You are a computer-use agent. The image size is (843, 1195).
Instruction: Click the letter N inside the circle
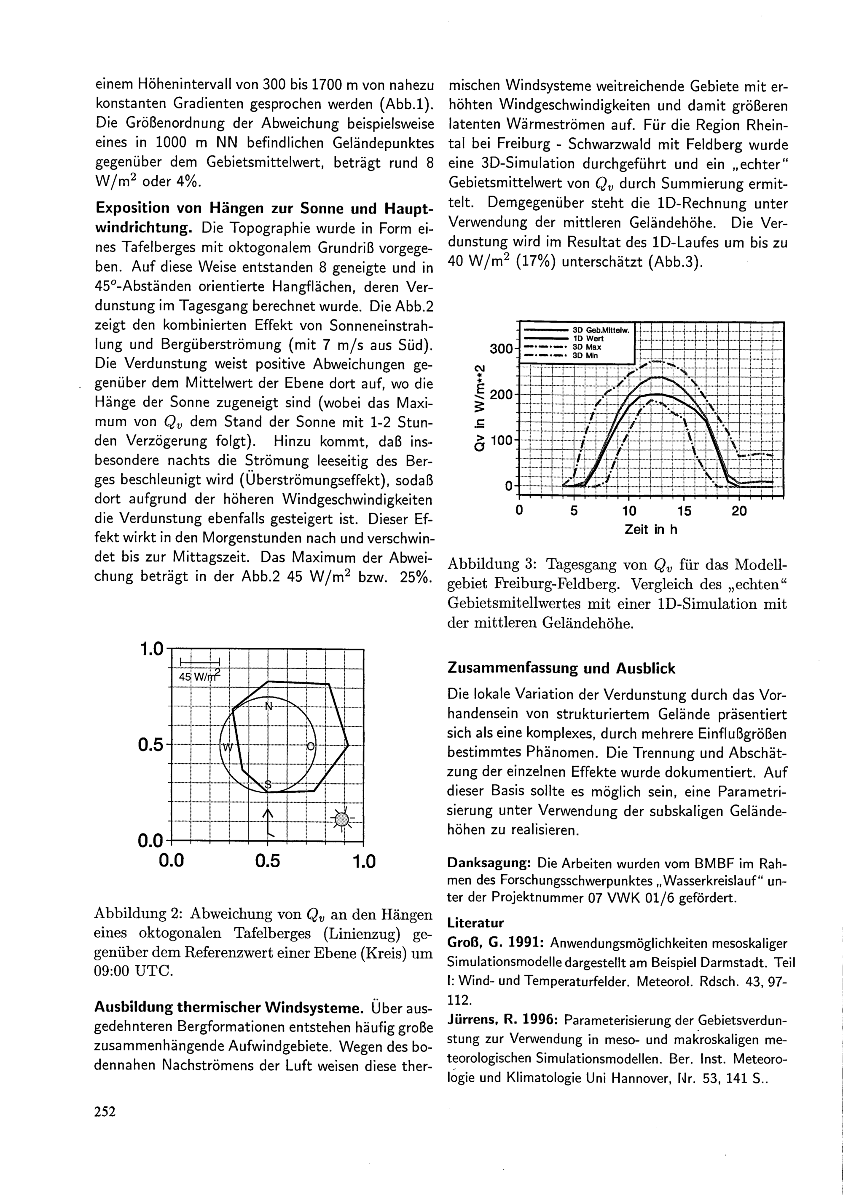pyautogui.click(x=268, y=706)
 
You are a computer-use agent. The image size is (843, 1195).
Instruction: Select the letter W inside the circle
pyautogui.click(x=228, y=747)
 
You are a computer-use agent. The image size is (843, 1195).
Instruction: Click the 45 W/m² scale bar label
pyautogui.click(x=199, y=676)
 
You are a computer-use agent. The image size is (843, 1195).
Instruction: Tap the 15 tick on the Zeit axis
pyautogui.click(x=684, y=511)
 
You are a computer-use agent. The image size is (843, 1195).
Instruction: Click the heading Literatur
pyautogui.click(x=475, y=923)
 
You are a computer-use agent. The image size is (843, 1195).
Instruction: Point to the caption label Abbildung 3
pyautogui.click(x=491, y=565)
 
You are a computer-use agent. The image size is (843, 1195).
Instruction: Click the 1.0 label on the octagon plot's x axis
pyautogui.click(x=363, y=862)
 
